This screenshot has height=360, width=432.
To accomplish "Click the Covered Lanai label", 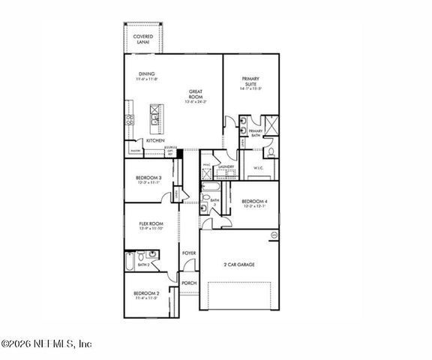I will click(142, 39).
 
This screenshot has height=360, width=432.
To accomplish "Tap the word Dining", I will click(146, 73).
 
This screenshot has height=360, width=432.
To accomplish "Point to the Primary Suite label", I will click(250, 81).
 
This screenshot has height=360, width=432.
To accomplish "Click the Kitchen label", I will click(155, 140).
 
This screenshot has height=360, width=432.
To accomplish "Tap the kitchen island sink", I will click(156, 114).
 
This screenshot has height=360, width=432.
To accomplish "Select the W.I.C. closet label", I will click(259, 168).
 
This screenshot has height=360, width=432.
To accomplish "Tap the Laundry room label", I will click(226, 166).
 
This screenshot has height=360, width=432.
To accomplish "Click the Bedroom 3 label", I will click(148, 177).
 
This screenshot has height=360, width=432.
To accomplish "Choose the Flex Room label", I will click(151, 223).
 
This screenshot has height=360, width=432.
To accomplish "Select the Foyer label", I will click(189, 253).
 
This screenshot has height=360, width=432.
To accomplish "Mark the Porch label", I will click(188, 283).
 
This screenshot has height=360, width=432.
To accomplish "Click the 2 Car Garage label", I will click(238, 264).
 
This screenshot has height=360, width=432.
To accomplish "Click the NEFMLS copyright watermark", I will click(46, 343).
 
